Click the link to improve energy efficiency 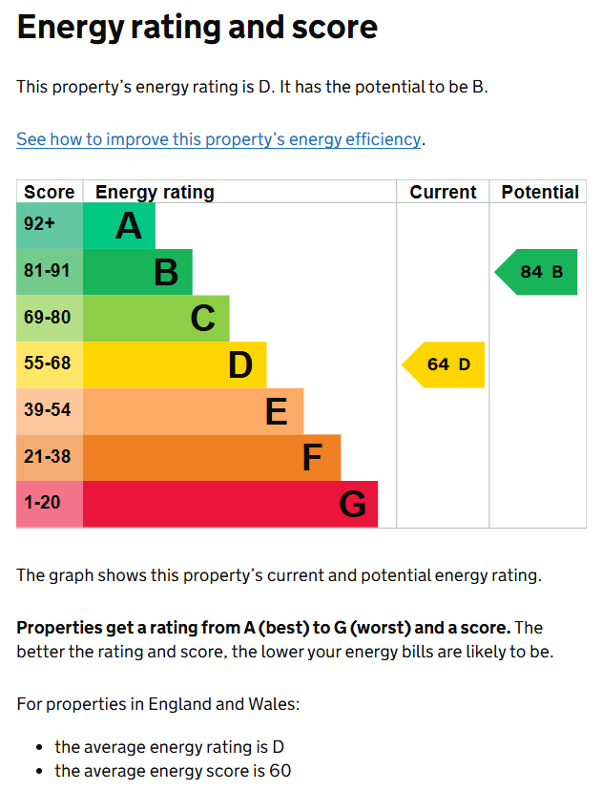coord(218,139)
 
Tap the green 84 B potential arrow coord(536,272)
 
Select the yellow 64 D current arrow coord(444,364)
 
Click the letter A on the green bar coord(129,226)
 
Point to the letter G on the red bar coord(353,505)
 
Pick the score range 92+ coord(39,223)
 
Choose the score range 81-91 coord(47,271)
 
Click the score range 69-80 coord(47,317)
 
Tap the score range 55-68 coord(47,364)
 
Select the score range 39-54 coord(47,409)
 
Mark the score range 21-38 coord(47,456)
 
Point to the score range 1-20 coord(42,502)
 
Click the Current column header coord(443,192)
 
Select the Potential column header coord(540,192)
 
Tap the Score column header coord(49,192)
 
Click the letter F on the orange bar coord(312,458)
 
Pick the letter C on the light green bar coord(203,319)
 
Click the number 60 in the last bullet coord(280,771)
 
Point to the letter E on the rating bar coord(276,412)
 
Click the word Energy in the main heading coord(71,29)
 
